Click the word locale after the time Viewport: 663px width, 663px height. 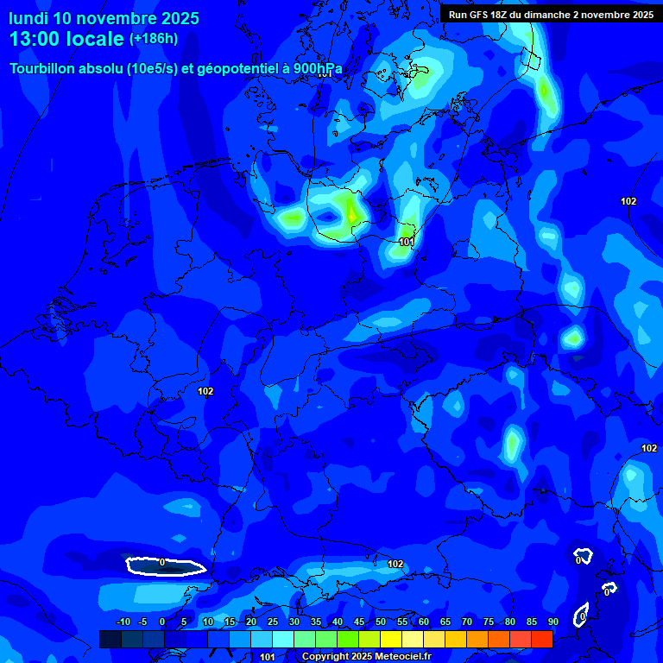tap(98, 39)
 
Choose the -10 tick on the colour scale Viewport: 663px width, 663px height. tap(123, 622)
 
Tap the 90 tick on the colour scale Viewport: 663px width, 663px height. tap(552, 622)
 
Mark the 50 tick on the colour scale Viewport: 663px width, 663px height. tap(381, 622)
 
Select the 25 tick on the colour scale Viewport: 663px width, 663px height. tap(273, 622)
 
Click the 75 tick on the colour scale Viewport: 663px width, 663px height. tap(489, 622)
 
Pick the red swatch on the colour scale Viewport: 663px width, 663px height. tap(541, 639)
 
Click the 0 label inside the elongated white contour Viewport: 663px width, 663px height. tap(162, 563)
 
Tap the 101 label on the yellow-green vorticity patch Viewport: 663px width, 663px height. tap(406, 243)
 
